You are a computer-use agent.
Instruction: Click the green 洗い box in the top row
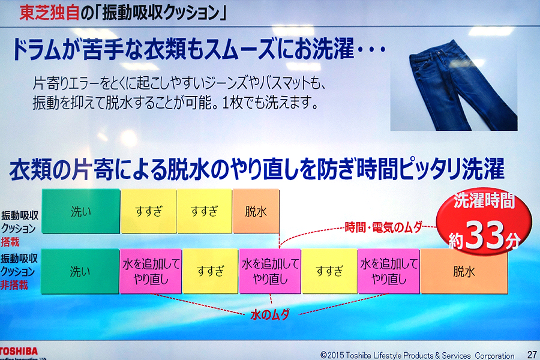[81, 211]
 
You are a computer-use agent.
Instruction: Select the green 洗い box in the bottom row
[80, 271]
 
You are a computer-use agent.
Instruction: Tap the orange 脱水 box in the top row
[256, 211]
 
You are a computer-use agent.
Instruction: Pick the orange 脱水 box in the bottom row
[464, 271]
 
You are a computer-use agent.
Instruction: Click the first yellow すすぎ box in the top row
[149, 211]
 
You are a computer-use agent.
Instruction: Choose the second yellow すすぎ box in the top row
[205, 211]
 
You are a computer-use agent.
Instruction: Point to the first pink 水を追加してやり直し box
[151, 271]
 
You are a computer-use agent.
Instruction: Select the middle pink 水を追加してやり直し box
[270, 271]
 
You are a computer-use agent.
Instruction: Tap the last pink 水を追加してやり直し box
[389, 271]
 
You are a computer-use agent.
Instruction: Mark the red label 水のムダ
[270, 314]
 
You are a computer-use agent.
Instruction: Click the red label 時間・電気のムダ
[383, 227]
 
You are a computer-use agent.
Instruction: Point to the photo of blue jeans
[454, 85]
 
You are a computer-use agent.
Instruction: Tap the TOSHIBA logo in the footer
[19, 352]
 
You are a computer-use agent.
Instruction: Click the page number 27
[532, 354]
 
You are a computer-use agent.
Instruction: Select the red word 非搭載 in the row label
[14, 285]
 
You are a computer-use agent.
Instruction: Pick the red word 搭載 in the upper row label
[10, 242]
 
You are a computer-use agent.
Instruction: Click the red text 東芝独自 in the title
[49, 13]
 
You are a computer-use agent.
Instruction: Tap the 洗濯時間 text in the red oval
[484, 201]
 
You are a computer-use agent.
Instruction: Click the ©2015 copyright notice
[417, 355]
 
